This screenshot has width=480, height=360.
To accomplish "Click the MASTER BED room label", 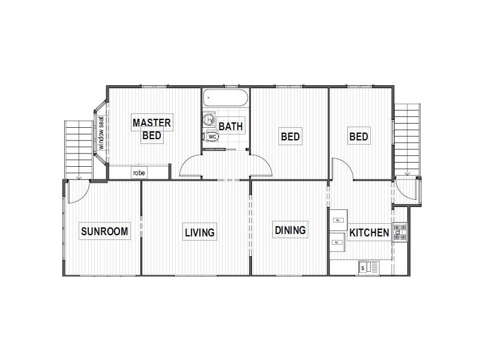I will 152,129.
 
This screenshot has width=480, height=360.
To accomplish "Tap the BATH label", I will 230,127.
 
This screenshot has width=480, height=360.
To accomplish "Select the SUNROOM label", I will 104,232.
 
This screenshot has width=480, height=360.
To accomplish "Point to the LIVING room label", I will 200,232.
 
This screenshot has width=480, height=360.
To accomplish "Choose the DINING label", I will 290,230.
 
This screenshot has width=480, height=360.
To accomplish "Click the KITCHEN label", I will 369,232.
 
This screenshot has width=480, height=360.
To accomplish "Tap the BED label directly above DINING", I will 290,137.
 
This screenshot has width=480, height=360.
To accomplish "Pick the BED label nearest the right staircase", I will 359,137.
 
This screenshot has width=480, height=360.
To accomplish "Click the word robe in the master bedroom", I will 139,173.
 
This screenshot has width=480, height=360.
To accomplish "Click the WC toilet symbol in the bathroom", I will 212,136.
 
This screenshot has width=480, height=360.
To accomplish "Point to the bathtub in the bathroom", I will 225,97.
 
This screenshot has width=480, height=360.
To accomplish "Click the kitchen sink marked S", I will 368,267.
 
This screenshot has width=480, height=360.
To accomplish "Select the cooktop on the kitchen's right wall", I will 400,232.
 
